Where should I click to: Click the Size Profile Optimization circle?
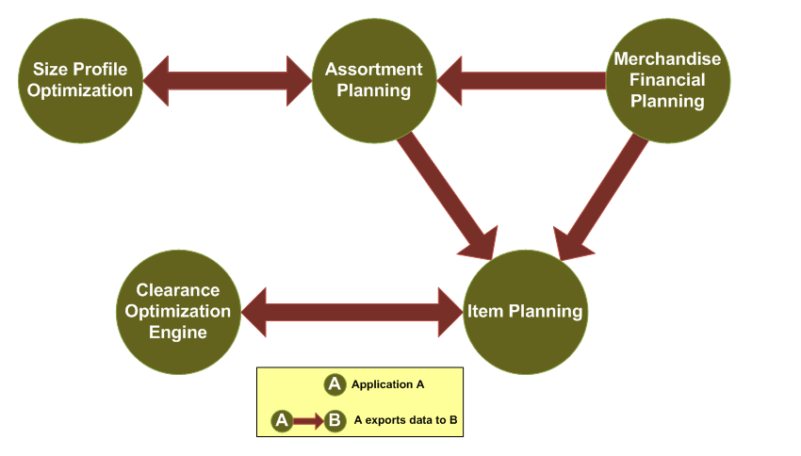click(x=82, y=80)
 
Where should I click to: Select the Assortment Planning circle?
click(x=374, y=80)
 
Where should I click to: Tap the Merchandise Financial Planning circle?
click(x=667, y=80)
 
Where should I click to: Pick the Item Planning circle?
click(x=526, y=311)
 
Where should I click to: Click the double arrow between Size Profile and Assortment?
click(x=228, y=80)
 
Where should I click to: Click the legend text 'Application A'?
click(x=387, y=384)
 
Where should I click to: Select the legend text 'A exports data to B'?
click(x=405, y=420)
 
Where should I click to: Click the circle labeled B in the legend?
click(x=335, y=421)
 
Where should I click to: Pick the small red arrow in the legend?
click(x=307, y=421)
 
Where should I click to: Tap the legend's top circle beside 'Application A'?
click(x=335, y=384)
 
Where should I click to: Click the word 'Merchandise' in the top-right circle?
click(x=667, y=59)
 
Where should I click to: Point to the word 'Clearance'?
click(x=177, y=290)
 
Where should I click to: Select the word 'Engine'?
click(x=177, y=332)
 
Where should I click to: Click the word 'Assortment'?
click(x=374, y=70)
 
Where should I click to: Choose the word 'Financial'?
click(x=667, y=80)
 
